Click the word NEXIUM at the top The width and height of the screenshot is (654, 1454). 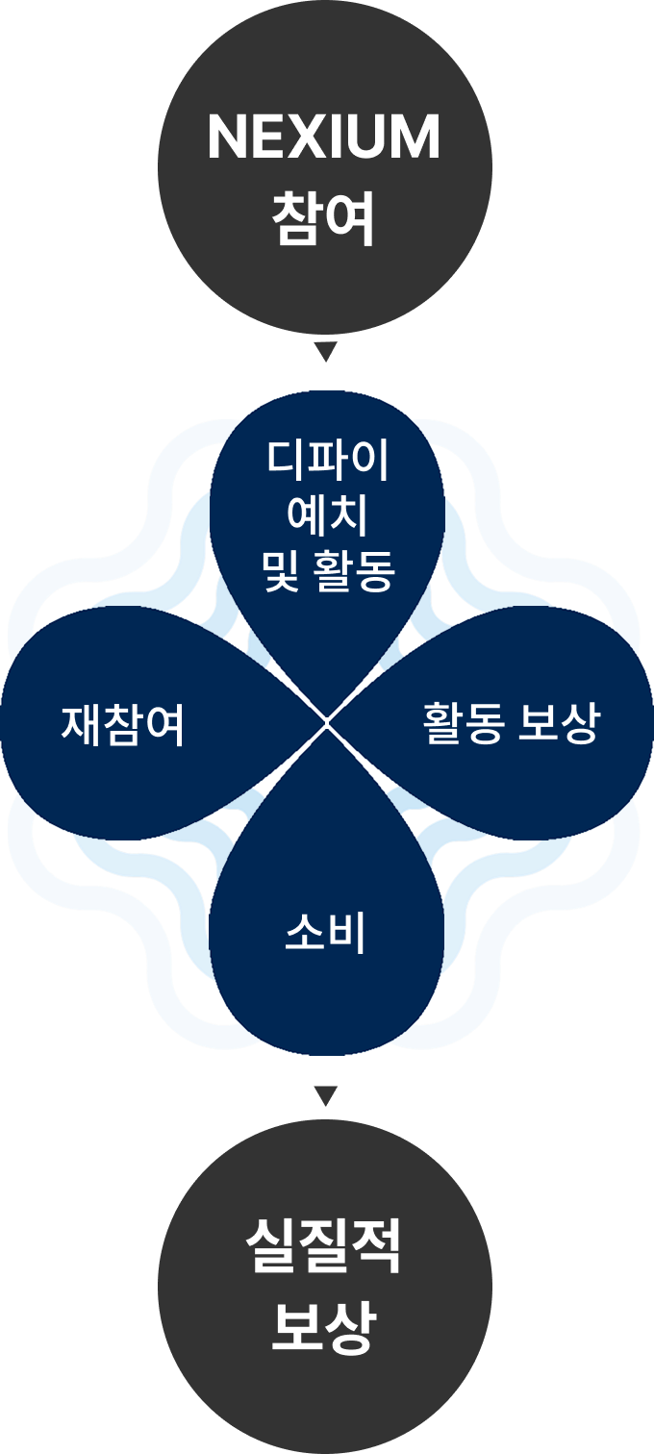324,138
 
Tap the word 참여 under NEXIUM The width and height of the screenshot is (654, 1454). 324,219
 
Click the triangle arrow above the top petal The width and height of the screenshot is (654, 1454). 326,351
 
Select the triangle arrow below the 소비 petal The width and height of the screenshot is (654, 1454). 326,1095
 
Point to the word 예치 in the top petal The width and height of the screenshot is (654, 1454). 327,517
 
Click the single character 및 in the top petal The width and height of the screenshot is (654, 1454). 281,574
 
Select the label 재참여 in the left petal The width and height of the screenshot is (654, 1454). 123,724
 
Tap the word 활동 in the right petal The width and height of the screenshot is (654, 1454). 463,723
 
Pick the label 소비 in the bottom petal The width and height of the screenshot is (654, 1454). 326,933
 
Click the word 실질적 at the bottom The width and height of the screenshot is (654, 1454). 323,1247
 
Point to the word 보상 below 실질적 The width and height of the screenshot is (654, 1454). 323,1328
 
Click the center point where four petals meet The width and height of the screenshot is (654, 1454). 327,721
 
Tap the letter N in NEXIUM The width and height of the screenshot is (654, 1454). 227,138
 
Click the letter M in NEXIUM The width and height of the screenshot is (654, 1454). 416,138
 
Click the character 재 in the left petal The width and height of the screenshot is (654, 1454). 82,724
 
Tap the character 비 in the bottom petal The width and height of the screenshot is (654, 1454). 347,933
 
